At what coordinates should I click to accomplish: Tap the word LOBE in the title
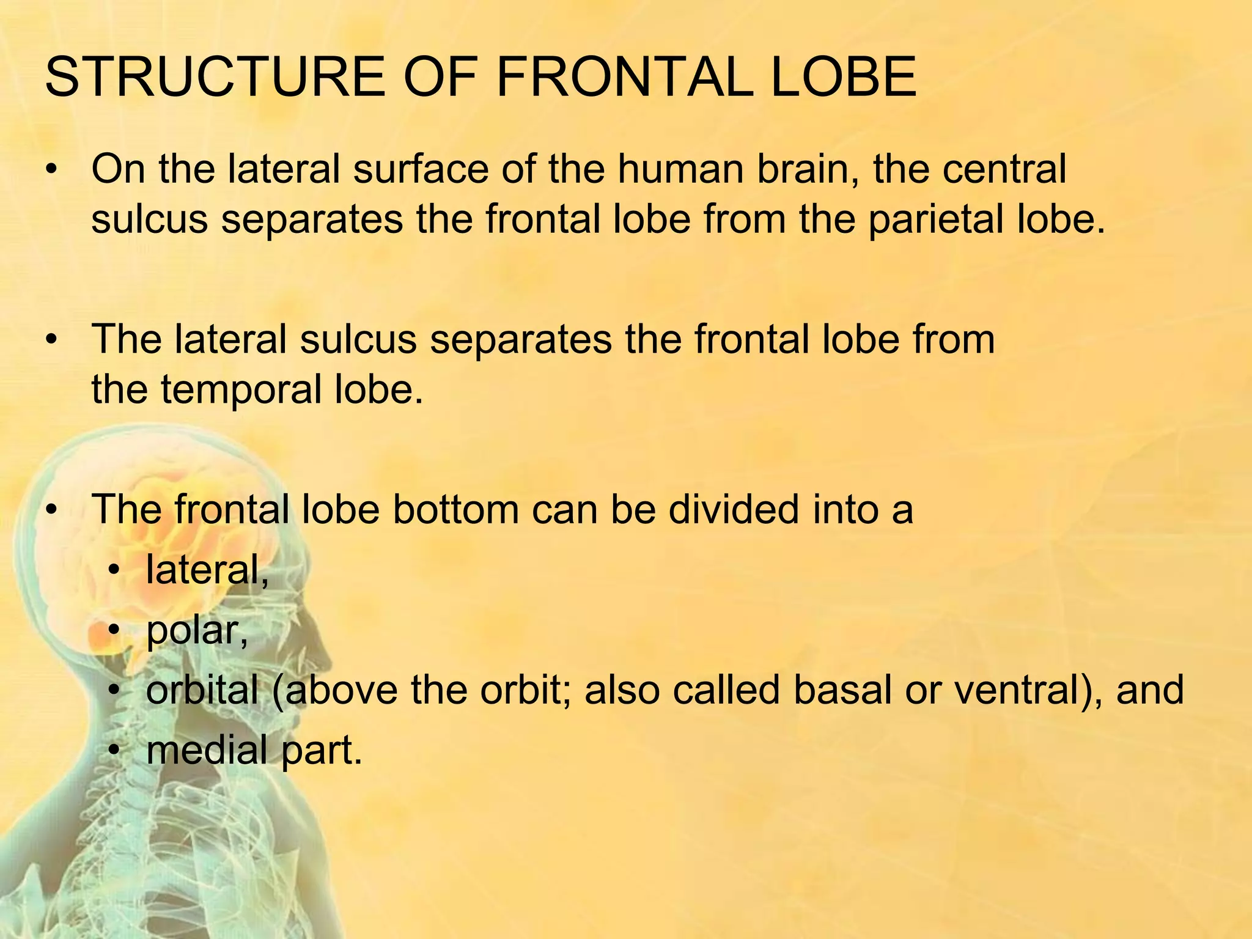pyautogui.click(x=844, y=78)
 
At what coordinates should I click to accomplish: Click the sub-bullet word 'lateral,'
pyautogui.click(x=207, y=570)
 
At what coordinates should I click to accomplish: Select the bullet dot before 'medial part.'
pyautogui.click(x=114, y=751)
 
